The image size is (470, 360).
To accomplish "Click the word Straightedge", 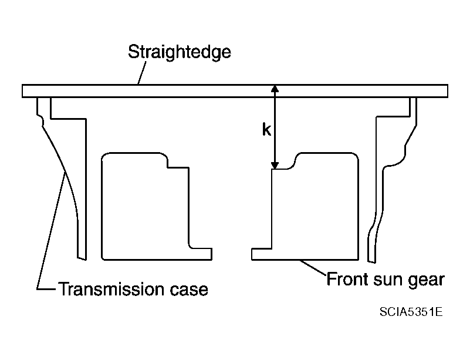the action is (x=180, y=52).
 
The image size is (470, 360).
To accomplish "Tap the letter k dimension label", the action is (x=266, y=130).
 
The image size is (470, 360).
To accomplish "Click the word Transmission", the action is (x=111, y=289).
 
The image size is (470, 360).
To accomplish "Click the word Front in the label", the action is (x=347, y=279).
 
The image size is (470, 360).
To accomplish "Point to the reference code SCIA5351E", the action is (x=411, y=312).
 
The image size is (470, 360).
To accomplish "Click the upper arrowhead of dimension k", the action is (x=275, y=89).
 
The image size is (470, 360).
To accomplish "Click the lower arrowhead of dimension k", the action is (x=275, y=166).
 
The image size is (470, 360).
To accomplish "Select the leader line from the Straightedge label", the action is (x=142, y=73).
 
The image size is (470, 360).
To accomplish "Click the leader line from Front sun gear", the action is (x=313, y=267).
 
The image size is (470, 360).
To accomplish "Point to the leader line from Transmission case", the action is (x=51, y=231).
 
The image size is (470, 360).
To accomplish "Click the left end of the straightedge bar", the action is (x=22, y=91).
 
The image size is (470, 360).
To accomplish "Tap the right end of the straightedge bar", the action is (x=448, y=91).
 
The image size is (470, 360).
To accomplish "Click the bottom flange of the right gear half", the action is (x=261, y=254).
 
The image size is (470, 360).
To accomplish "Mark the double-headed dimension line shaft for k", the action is (x=275, y=127).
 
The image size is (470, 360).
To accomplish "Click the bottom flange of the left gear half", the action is (x=201, y=254).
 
